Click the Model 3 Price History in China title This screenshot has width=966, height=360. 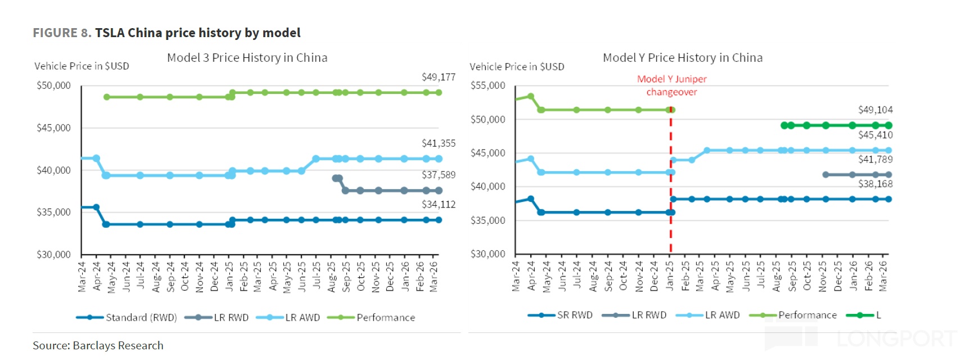coord(247,58)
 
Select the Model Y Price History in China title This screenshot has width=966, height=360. coord(682,58)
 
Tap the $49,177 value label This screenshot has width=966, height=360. coord(438,77)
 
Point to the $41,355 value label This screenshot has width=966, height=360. coord(438,143)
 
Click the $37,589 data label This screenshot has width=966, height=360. coord(438,175)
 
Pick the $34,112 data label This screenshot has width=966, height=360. coord(438,204)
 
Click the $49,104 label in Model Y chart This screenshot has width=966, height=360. coord(875,110)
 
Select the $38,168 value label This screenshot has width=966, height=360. coord(875,184)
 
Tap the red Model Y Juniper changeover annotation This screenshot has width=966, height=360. coord(671,85)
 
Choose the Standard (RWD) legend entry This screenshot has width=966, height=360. coord(141,318)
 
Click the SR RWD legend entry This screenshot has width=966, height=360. coord(574,316)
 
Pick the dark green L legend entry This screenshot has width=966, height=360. coord(878,316)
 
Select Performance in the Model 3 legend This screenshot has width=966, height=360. coord(385,318)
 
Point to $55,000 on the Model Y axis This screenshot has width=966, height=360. coord(487,85)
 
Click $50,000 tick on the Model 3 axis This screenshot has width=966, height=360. coord(53,85)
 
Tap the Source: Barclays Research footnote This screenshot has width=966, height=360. coord(98,345)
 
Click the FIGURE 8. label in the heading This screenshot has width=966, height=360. coord(62,33)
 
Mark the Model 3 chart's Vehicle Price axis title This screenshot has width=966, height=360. coord(82,66)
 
